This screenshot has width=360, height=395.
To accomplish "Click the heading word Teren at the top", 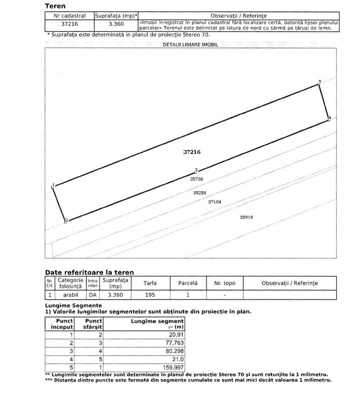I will click(x=55, y=6).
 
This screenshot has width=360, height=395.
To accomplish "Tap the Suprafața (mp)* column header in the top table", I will click(x=117, y=16).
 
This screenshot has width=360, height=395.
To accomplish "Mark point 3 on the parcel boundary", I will click(x=196, y=170).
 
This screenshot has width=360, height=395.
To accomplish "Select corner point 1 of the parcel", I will click(x=53, y=186).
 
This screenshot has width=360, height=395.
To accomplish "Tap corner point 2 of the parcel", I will click(x=66, y=221).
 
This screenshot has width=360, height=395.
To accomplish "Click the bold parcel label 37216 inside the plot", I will click(x=192, y=152).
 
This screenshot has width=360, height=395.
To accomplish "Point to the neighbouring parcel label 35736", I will click(x=196, y=179).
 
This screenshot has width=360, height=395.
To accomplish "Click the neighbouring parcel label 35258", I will click(x=199, y=192).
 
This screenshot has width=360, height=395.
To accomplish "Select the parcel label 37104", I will click(x=214, y=201).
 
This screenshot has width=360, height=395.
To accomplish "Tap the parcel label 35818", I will click(x=246, y=217).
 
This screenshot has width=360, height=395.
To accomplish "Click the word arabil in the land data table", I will click(x=70, y=295).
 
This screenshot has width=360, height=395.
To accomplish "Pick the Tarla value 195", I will click(x=150, y=295).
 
